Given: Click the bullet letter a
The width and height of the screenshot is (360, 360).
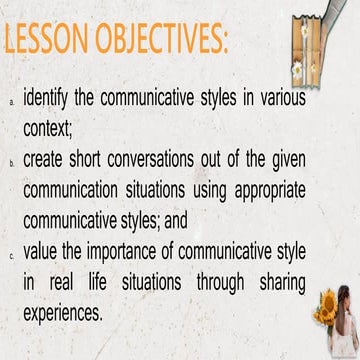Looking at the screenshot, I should pos(11,102).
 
